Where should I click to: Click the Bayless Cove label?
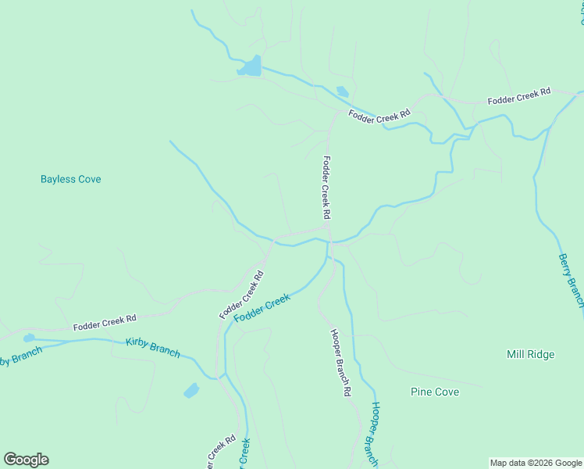click(71, 179)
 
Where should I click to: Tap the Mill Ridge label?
click(530, 354)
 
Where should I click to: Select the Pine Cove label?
click(435, 392)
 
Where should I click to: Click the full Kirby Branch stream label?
click(152, 348)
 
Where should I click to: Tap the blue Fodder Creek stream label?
click(262, 311)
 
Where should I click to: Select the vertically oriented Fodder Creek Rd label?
click(326, 188)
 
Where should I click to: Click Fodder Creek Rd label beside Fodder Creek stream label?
click(242, 295)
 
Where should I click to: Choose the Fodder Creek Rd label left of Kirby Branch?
click(105, 323)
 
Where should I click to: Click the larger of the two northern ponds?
click(251, 67)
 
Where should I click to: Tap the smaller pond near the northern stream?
click(342, 91)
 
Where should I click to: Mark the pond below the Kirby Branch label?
click(191, 390)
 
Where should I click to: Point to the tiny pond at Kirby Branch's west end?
click(29, 338)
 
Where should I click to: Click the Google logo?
click(26, 460)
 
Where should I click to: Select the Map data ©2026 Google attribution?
click(535, 463)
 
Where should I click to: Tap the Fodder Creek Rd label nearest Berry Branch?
click(519, 97)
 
